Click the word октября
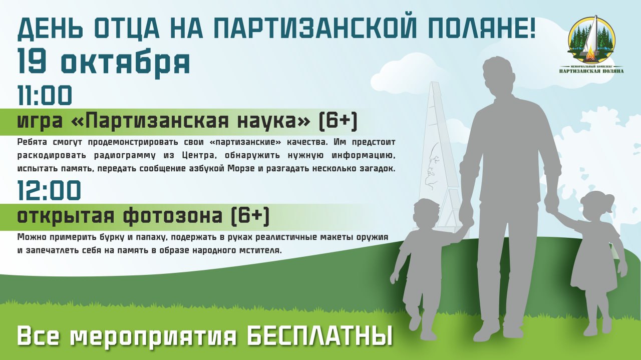tap(126, 63)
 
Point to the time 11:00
tap(45, 95)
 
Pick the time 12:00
tap(49, 190)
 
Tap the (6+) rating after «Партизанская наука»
tap(338, 121)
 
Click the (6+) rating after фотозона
tap(250, 216)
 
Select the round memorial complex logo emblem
tap(591, 40)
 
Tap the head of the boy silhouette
tap(427, 213)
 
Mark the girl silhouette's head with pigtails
tap(596, 206)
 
